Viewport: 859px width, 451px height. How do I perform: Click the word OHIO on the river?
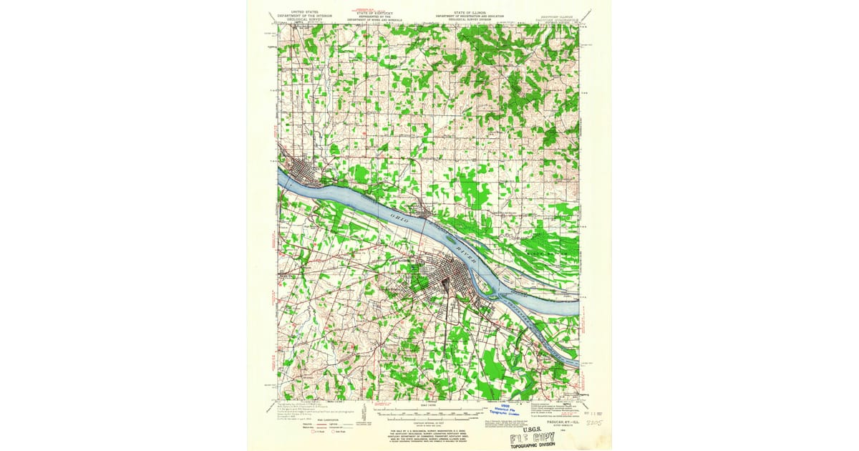tap(397, 218)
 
